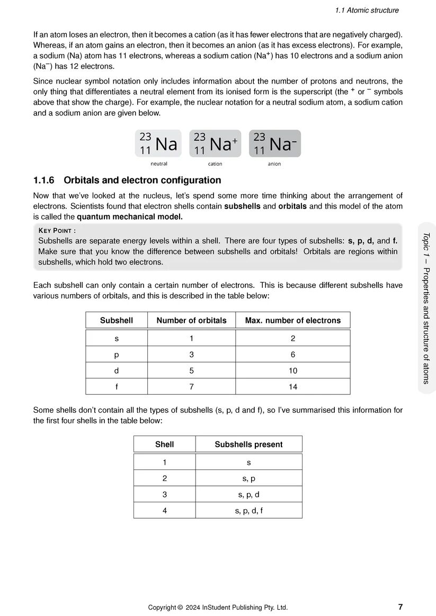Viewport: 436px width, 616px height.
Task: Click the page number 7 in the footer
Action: pyautogui.click(x=400, y=607)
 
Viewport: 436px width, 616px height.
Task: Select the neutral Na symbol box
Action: pyautogui.click(x=158, y=143)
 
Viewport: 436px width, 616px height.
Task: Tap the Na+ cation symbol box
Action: pyautogui.click(x=215, y=143)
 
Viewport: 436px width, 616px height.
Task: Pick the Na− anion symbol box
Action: pyautogui.click(x=274, y=143)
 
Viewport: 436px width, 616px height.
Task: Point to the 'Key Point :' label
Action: pyautogui.click(x=57, y=230)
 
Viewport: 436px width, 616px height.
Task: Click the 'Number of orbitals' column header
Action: pyautogui.click(x=191, y=320)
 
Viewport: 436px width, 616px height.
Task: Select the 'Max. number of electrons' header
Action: pyautogui.click(x=292, y=320)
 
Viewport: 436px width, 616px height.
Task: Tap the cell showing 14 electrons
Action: pyautogui.click(x=293, y=387)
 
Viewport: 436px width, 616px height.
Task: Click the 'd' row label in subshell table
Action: pyautogui.click(x=117, y=370)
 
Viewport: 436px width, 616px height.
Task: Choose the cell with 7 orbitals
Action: pyautogui.click(x=191, y=387)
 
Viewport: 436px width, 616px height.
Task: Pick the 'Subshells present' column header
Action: pyautogui.click(x=248, y=445)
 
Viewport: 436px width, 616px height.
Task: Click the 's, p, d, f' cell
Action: pyautogui.click(x=248, y=511)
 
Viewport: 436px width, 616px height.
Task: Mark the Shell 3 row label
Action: pyautogui.click(x=165, y=495)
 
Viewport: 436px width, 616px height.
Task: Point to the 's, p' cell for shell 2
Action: pyautogui.click(x=248, y=478)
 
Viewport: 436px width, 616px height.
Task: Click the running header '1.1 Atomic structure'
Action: pyautogui.click(x=367, y=10)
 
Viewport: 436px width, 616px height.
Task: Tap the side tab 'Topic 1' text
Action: pyautogui.click(x=426, y=244)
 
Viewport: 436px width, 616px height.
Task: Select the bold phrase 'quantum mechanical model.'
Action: pyautogui.click(x=130, y=216)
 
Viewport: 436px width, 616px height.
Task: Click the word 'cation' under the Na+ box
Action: pyautogui.click(x=215, y=164)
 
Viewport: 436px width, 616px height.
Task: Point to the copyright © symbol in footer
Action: pyautogui.click(x=180, y=608)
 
